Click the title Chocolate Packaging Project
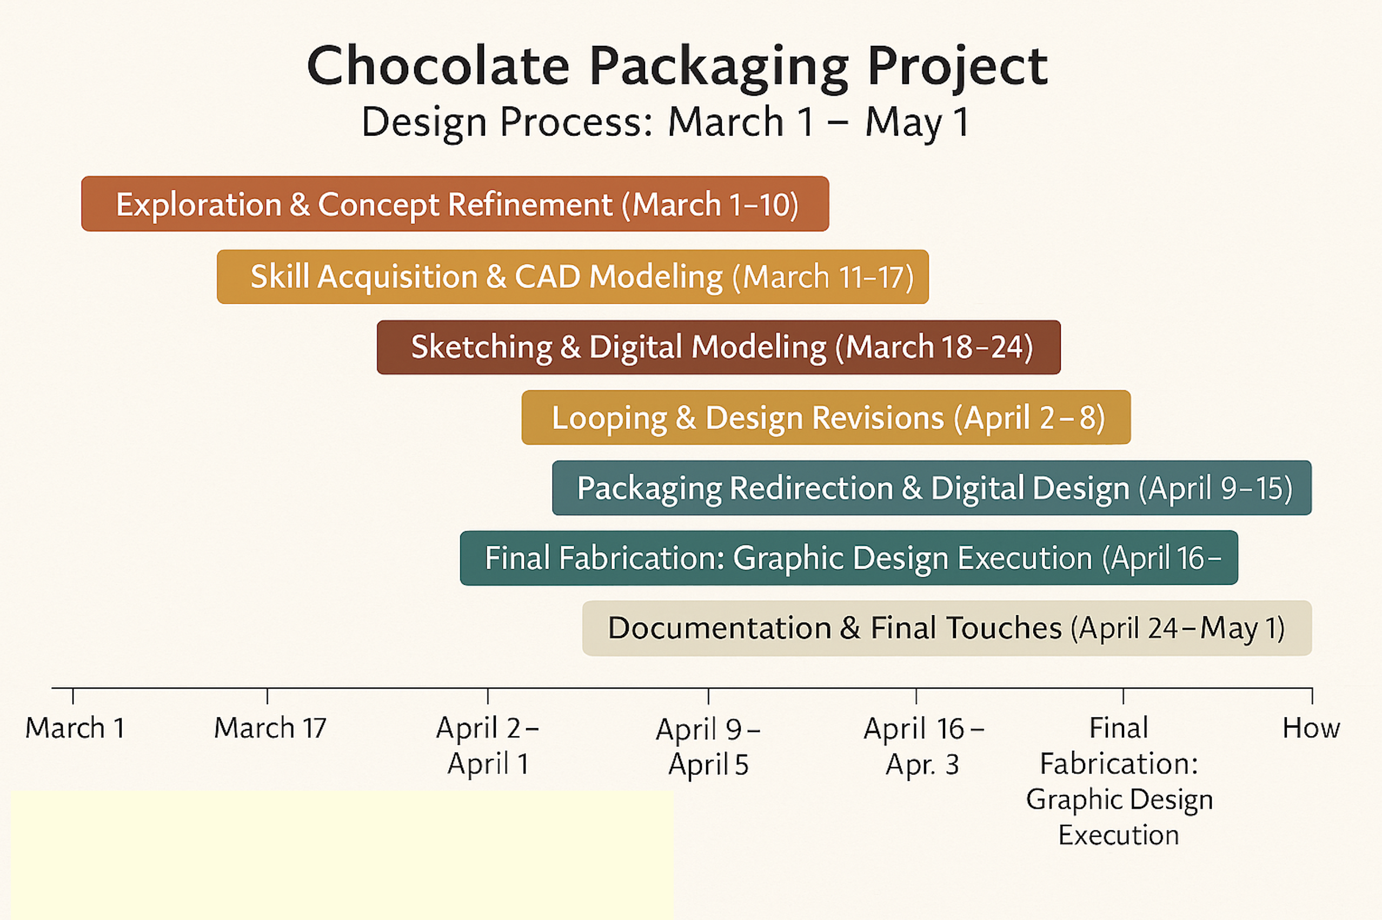tap(676, 66)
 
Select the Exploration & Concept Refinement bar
tap(455, 204)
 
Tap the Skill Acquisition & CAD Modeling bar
tap(572, 277)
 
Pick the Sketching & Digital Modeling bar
tap(718, 348)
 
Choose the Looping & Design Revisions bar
tap(826, 417)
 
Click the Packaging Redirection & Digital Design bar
tap(931, 488)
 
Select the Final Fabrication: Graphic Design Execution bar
tap(848, 558)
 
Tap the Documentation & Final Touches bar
tap(947, 628)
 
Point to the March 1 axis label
tap(75, 728)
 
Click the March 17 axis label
tap(270, 728)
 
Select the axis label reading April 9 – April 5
tap(708, 747)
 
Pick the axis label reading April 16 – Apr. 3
tap(923, 746)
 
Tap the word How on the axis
tap(1311, 728)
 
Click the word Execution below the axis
tap(1119, 835)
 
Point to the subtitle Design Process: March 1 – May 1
tap(666, 122)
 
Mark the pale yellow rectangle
tap(342, 856)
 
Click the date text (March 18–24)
tap(934, 347)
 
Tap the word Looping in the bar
tap(609, 418)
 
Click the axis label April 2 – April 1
tap(488, 746)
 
